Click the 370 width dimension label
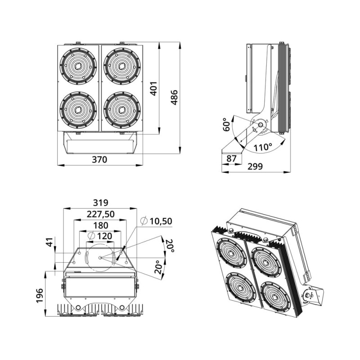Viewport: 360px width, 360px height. (x=99, y=159)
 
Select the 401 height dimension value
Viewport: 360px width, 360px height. (x=153, y=88)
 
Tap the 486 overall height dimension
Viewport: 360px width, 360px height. (x=174, y=97)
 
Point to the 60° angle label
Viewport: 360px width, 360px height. (x=226, y=125)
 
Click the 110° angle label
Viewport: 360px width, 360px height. (x=263, y=147)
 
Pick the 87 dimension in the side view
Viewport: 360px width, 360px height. (x=231, y=158)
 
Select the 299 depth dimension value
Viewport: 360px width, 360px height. (x=255, y=166)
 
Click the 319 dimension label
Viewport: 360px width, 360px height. (x=100, y=203)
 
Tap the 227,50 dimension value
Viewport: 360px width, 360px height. (x=100, y=214)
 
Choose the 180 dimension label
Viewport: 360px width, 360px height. (x=100, y=225)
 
